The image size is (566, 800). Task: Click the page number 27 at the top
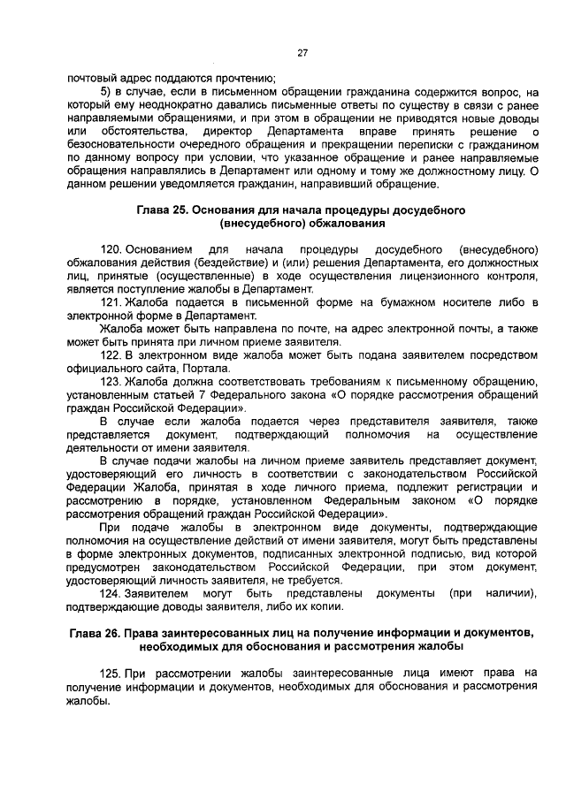tap(301, 53)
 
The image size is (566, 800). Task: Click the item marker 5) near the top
tap(105, 90)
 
